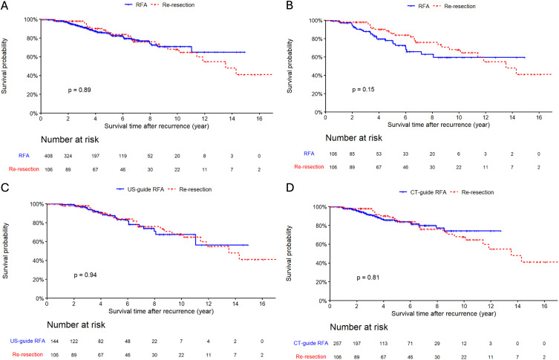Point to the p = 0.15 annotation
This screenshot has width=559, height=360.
[x=365, y=90]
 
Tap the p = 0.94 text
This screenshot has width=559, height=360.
[x=87, y=275]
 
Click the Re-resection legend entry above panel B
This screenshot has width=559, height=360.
[x=459, y=6]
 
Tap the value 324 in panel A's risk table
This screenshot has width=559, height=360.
[x=68, y=156]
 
